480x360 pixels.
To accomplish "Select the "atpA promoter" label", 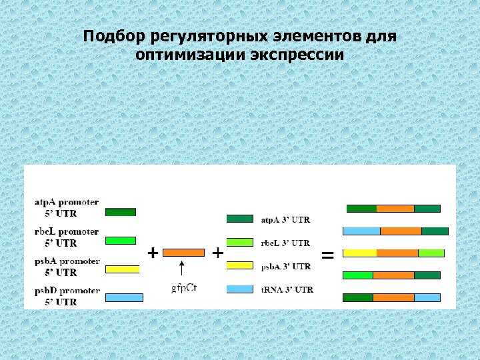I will (67, 201).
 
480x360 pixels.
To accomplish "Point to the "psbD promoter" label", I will (67, 291).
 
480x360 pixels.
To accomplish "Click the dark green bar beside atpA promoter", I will (121, 212).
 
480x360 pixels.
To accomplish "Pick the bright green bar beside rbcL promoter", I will (121, 241).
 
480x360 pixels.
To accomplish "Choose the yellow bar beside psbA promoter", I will (123, 269).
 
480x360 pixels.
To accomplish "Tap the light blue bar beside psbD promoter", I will (124, 297).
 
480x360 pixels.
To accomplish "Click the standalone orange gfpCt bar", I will (183, 253).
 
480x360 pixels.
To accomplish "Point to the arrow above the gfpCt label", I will (181, 270).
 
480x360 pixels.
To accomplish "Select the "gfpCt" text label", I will (184, 288).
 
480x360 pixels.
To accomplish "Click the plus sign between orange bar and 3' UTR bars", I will (217, 253).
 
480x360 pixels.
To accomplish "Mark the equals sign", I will (327, 255).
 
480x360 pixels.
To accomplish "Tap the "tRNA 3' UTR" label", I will (287, 290).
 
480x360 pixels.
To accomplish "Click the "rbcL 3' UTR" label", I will (285, 243).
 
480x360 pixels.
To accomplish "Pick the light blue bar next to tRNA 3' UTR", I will (240, 289).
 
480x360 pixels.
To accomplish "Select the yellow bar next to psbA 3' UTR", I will (240, 265).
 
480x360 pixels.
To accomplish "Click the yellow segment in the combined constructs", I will (359, 253).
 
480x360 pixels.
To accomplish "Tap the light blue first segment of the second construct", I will (361, 231).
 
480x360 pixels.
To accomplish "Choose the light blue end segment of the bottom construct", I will (427, 297).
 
